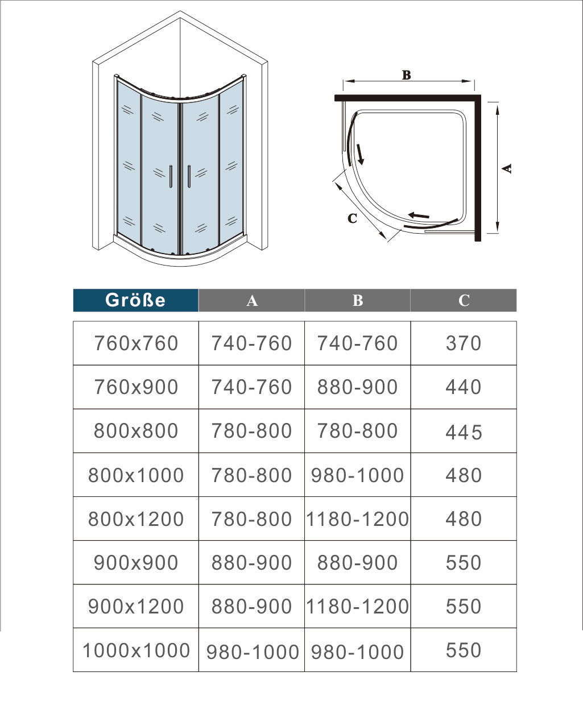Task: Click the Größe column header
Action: click(x=135, y=300)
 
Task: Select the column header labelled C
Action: click(x=464, y=300)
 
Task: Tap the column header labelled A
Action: click(x=252, y=300)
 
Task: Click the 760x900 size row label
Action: click(x=136, y=387)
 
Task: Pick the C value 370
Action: click(x=464, y=343)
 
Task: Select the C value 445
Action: click(x=464, y=432)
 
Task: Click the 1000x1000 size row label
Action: click(x=136, y=650)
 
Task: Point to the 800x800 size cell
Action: click(x=136, y=431)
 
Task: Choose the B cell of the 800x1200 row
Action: click(x=357, y=519)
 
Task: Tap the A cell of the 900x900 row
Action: click(x=251, y=563)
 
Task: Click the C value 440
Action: click(x=464, y=387)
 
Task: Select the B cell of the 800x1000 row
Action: click(x=357, y=475)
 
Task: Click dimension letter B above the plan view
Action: click(x=406, y=75)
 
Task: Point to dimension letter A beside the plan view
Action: click(x=507, y=168)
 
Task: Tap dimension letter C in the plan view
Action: click(x=352, y=218)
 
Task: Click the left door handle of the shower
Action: click(x=170, y=176)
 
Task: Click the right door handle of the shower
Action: click(x=188, y=176)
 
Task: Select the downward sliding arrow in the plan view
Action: click(x=359, y=154)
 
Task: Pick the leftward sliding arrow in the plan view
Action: click(x=419, y=215)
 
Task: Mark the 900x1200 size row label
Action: click(x=136, y=607)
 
